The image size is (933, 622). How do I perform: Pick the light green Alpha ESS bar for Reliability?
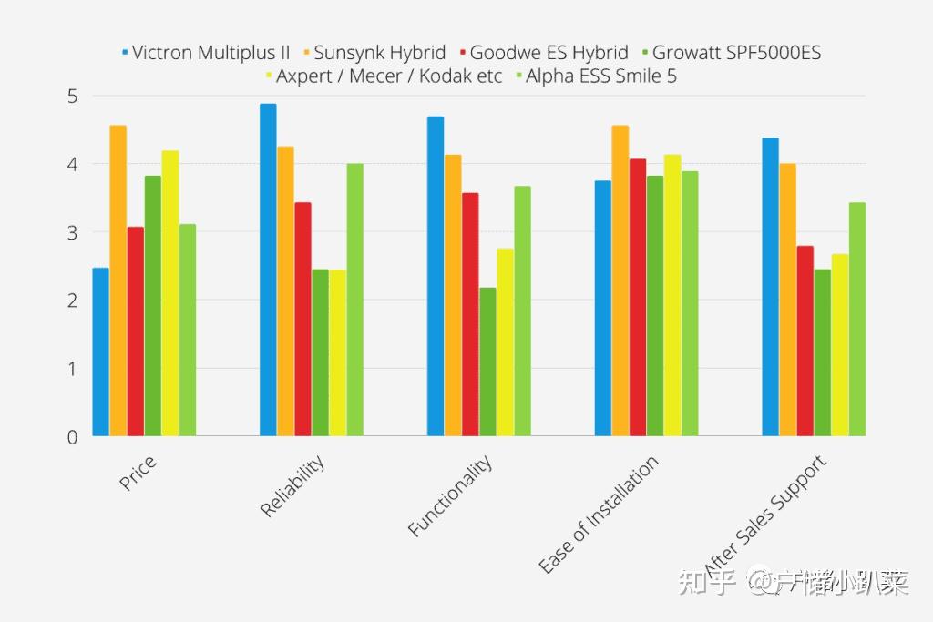tap(354, 300)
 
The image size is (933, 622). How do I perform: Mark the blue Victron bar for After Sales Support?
tap(771, 287)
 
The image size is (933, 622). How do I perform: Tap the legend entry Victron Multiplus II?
tap(210, 52)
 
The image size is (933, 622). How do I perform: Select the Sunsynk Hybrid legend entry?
tap(380, 52)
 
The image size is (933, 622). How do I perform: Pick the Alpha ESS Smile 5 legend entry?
tap(600, 76)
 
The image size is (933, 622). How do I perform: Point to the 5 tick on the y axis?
tap(73, 96)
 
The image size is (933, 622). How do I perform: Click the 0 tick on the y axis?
tap(73, 437)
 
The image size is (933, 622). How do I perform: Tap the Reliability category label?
tap(292, 487)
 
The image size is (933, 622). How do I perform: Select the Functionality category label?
tap(450, 495)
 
